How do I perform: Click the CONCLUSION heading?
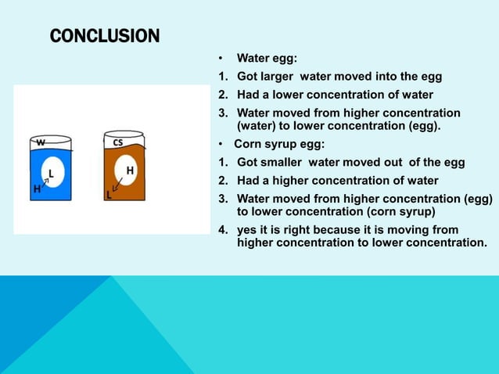pyautogui.click(x=104, y=36)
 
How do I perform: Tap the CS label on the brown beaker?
pyautogui.click(x=117, y=142)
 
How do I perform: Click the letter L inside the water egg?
pyautogui.click(x=52, y=173)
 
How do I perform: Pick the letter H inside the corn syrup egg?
pyautogui.click(x=129, y=171)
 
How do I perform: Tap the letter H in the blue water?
pyautogui.click(x=36, y=189)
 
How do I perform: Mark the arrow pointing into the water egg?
pyautogui.click(x=44, y=182)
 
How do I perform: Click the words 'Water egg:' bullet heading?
pyautogui.click(x=267, y=59)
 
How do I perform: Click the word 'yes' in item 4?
pyautogui.click(x=247, y=229)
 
